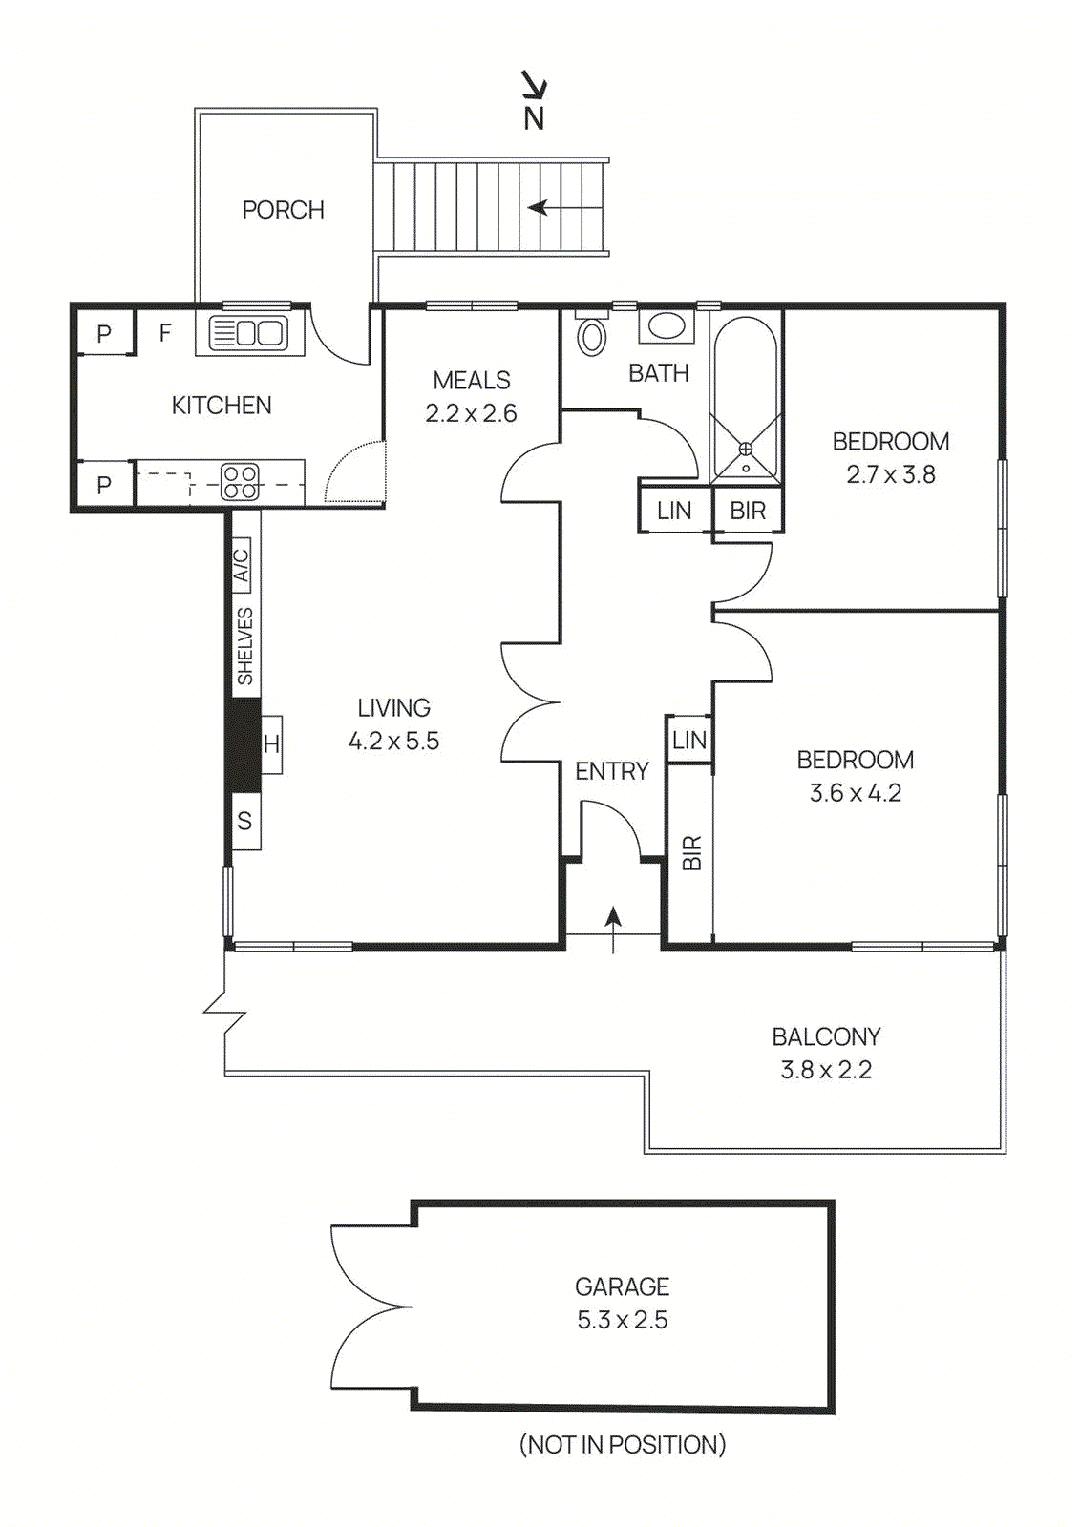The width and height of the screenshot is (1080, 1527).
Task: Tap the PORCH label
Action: pos(283,210)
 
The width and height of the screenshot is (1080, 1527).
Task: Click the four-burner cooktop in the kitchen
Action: pos(240,483)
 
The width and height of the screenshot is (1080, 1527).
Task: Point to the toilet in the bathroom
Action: pos(592,334)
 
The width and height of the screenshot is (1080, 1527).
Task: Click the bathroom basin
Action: pos(666,326)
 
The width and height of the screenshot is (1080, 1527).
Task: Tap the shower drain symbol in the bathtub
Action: pos(746,449)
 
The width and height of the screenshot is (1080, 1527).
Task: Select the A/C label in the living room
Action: pos(242,564)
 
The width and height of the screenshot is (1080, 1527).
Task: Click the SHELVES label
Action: pos(244,645)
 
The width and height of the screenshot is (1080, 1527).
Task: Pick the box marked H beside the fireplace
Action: pos(271,744)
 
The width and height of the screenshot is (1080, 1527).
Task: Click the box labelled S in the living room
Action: pos(244,821)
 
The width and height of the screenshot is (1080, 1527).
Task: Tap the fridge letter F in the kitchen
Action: pos(165,333)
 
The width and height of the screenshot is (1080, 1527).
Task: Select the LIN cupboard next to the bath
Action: pos(674,511)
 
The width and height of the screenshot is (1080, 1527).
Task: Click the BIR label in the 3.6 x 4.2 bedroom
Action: pos(691,852)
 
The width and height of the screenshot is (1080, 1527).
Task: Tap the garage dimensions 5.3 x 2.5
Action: pos(622,1320)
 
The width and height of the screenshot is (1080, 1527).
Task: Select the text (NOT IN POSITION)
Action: pos(622,1445)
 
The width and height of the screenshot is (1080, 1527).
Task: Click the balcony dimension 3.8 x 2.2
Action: pos(826,1070)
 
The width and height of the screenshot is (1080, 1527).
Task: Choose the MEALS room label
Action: pos(471,380)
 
